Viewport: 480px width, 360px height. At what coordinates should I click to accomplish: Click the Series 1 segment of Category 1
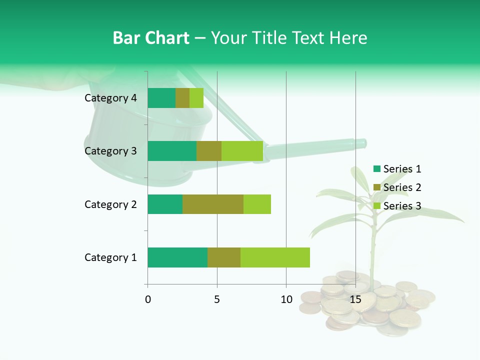pyautogui.click(x=177, y=257)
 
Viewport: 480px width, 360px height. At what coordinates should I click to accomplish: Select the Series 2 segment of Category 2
pyautogui.click(x=213, y=204)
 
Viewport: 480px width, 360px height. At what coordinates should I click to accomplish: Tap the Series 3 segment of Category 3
pyautogui.click(x=242, y=151)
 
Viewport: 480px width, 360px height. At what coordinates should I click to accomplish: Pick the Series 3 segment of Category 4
pyautogui.click(x=196, y=98)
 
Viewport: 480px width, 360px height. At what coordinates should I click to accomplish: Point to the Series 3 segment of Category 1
pyautogui.click(x=275, y=257)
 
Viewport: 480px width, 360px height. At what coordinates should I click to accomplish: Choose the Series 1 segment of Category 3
pyautogui.click(x=172, y=151)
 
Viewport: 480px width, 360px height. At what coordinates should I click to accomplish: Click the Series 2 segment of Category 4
pyautogui.click(x=182, y=98)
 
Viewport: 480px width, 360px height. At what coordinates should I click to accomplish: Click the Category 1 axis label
pyautogui.click(x=110, y=257)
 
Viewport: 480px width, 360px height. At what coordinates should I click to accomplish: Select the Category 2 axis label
pyautogui.click(x=110, y=204)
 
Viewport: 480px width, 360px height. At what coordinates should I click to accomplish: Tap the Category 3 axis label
pyautogui.click(x=110, y=151)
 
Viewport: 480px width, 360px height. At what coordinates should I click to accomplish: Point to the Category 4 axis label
pyautogui.click(x=110, y=98)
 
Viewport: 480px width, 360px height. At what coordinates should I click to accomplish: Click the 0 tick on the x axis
pyautogui.click(x=148, y=299)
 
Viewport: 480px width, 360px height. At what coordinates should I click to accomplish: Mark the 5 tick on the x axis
pyautogui.click(x=217, y=299)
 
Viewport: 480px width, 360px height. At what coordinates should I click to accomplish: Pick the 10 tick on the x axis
pyautogui.click(x=286, y=299)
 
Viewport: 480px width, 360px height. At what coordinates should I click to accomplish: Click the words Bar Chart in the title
pyautogui.click(x=151, y=38)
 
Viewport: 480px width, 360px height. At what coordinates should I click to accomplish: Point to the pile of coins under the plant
pyautogui.click(x=370, y=305)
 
